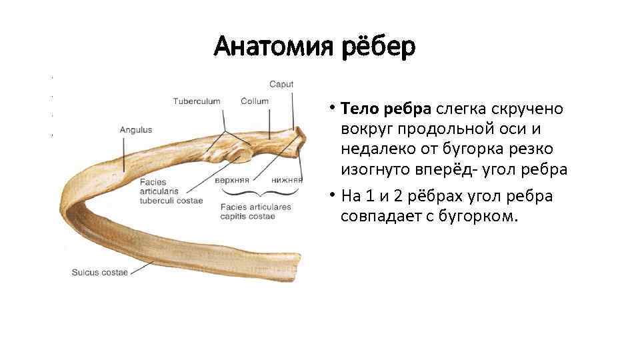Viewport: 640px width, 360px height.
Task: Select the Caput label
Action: pyautogui.click(x=281, y=85)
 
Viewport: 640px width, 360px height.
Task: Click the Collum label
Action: pyautogui.click(x=255, y=101)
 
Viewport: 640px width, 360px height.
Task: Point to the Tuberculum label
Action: pyautogui.click(x=196, y=101)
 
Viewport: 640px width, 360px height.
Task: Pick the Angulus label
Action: pyautogui.click(x=135, y=130)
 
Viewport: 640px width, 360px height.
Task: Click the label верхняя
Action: pyautogui.click(x=232, y=180)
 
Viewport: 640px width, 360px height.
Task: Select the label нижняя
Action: pyautogui.click(x=287, y=180)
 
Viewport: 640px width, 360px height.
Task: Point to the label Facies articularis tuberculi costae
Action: pyautogui.click(x=171, y=191)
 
